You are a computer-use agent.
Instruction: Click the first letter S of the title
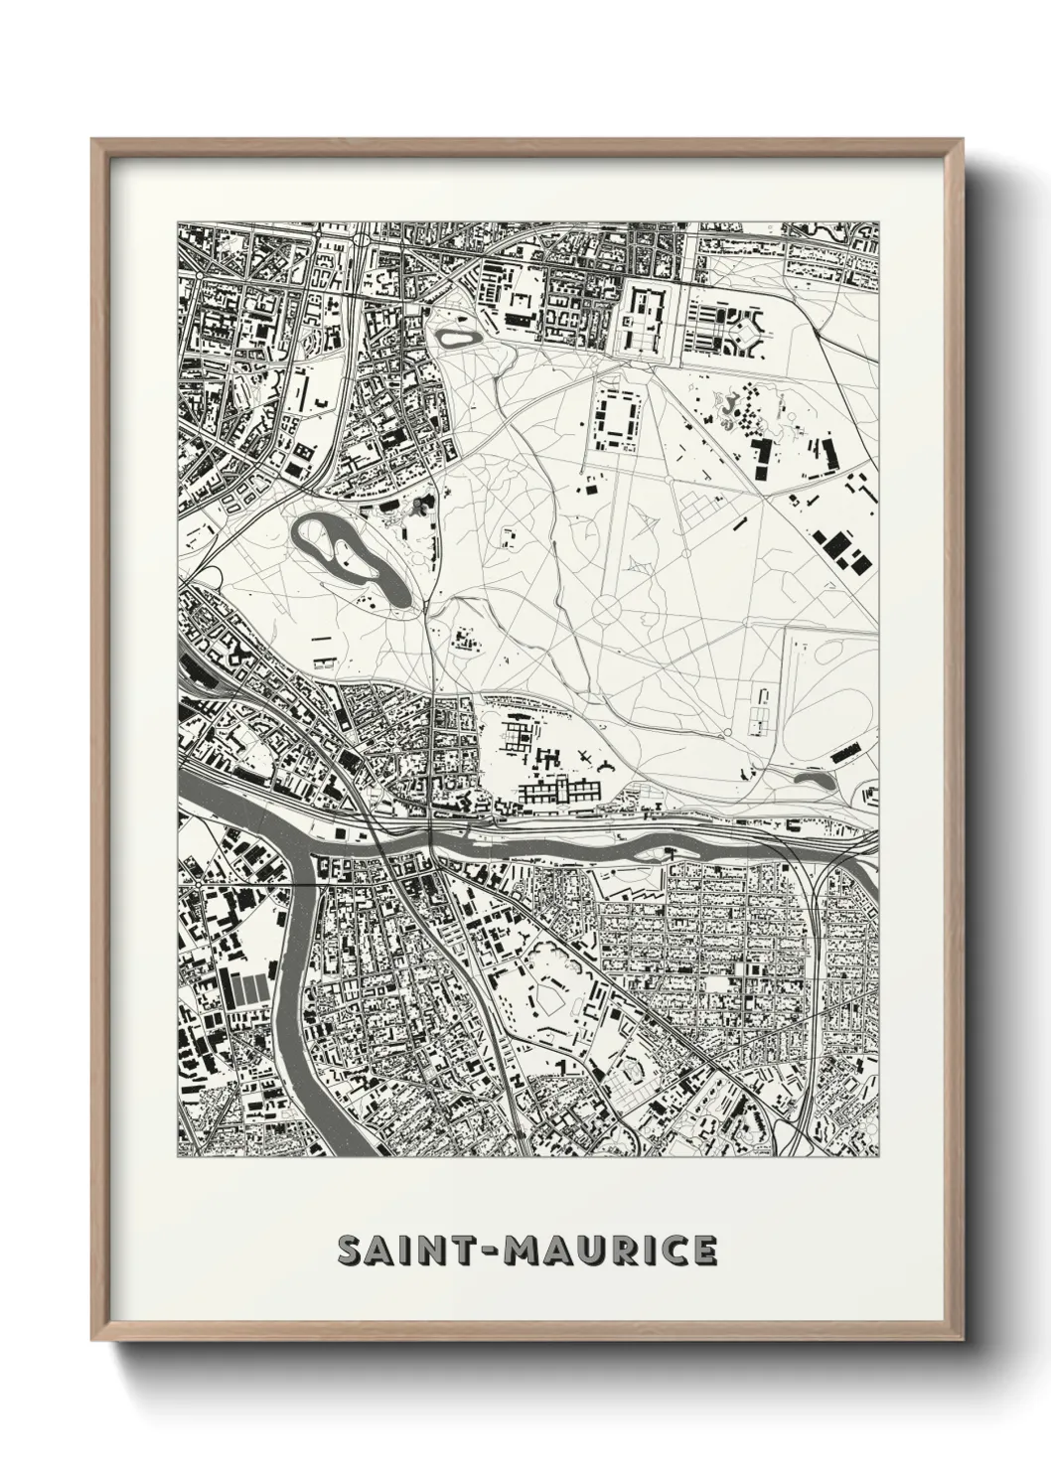point(349,1249)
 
